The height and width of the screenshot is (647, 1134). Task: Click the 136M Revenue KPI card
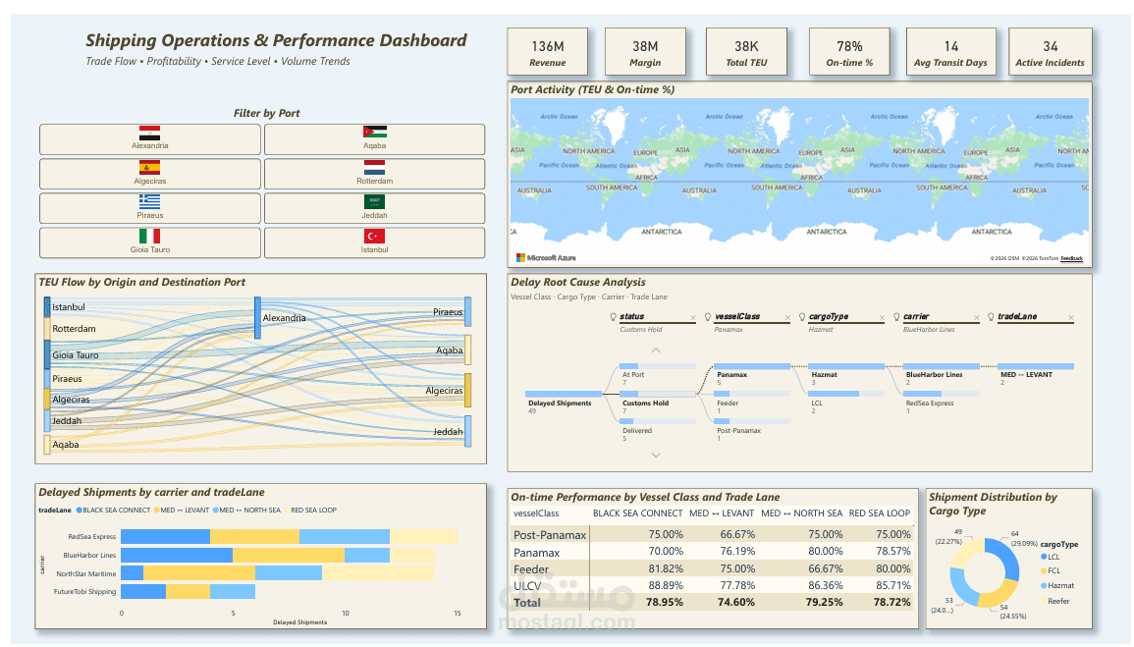tap(547, 52)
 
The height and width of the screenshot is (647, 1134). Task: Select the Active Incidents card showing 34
tap(1050, 52)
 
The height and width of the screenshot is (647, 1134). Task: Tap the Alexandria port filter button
tap(150, 138)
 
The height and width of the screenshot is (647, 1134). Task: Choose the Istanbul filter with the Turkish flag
tap(374, 243)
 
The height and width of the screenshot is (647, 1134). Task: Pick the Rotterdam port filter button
tap(374, 174)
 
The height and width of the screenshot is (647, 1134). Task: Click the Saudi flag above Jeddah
tap(374, 201)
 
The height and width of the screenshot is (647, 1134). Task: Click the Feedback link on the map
tap(1071, 258)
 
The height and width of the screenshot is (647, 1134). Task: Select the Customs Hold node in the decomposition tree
tap(645, 403)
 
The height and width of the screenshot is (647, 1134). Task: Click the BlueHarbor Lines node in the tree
tap(934, 374)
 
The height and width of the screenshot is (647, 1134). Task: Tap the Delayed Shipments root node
tap(560, 403)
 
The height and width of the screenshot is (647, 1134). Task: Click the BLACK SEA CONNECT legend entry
tap(113, 510)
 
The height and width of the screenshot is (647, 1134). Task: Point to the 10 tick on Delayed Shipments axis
tap(345, 614)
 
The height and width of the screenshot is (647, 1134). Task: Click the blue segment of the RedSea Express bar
tap(165, 536)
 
